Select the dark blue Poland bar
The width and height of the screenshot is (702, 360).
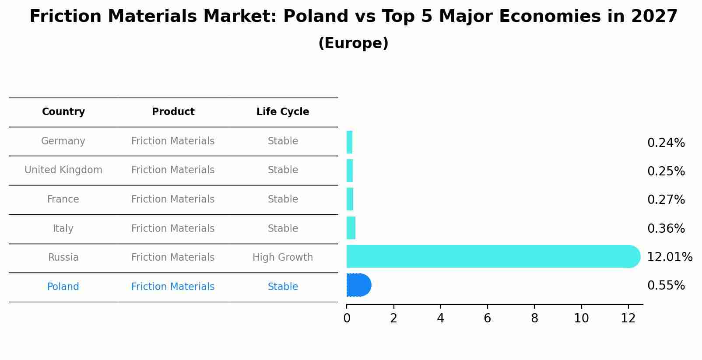coord(358,285)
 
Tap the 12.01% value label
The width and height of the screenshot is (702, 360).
coord(669,257)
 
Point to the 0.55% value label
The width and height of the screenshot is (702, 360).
coord(666,286)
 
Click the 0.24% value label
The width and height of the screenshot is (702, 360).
coord(666,143)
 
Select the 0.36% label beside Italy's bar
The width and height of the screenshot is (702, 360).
coord(666,229)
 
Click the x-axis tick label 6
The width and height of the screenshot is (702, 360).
coord(487,318)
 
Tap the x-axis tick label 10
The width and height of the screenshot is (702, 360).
coord(581,318)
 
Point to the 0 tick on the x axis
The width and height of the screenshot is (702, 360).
coord(347,318)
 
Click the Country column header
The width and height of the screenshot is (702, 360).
coord(63,112)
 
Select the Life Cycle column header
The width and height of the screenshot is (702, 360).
coord(283,112)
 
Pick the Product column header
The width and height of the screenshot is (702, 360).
coord(173,112)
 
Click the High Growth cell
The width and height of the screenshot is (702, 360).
coord(283,258)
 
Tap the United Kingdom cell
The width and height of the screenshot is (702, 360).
coord(63,170)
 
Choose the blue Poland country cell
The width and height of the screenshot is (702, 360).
coord(63,287)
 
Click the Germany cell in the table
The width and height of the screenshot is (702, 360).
coord(63,141)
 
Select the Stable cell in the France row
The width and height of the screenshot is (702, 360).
coord(283,199)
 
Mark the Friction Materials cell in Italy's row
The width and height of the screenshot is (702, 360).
coord(173,229)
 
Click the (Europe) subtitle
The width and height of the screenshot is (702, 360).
coord(353,43)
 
